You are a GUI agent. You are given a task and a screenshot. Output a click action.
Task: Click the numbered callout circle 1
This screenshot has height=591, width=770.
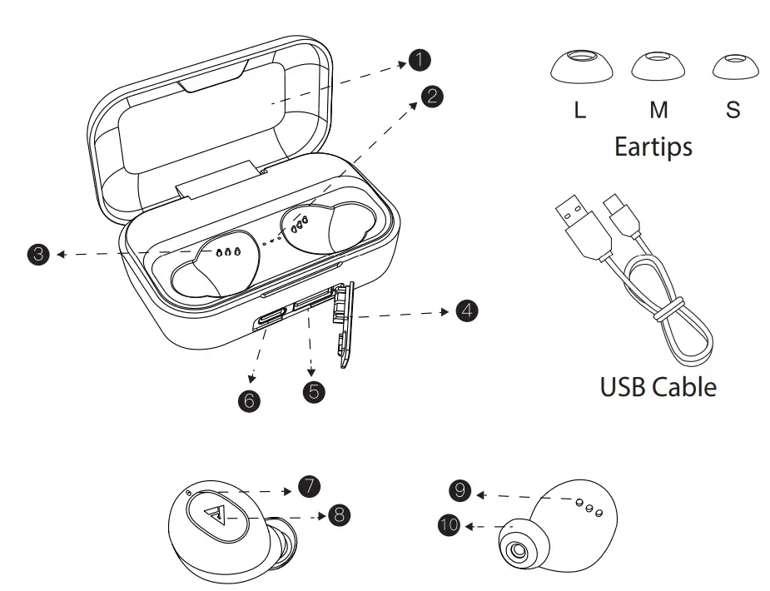click(420, 59)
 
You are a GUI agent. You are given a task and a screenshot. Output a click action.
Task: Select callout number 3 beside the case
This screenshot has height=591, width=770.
click(38, 254)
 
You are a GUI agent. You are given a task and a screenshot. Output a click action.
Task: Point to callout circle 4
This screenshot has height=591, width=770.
click(466, 311)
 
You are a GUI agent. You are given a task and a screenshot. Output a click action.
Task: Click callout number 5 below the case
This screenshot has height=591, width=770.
click(313, 391)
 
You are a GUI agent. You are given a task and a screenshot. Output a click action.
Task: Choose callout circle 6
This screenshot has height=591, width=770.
click(248, 400)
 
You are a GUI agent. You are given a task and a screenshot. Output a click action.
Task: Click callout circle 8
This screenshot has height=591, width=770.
click(338, 515)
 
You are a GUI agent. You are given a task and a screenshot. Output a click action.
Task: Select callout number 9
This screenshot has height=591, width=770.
click(459, 491)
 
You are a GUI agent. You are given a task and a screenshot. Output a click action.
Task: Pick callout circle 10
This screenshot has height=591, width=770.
click(450, 525)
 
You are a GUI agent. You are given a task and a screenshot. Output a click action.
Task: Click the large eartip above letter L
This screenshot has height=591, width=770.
click(581, 67)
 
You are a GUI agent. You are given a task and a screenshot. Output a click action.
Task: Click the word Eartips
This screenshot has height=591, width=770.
click(653, 147)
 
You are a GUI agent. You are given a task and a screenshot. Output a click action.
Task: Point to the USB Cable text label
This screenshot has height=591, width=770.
click(658, 386)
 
